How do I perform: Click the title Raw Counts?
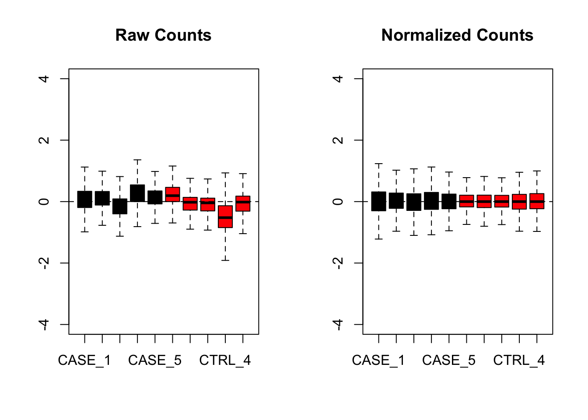coord(163,35)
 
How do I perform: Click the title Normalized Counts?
coord(457,35)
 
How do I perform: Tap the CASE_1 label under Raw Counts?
coord(84,360)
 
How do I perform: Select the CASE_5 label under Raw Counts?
coord(155,360)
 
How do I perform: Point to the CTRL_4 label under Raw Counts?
coord(225,360)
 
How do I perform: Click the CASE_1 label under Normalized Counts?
coord(378,360)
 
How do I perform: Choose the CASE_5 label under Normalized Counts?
coord(449,360)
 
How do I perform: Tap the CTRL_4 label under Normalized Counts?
coord(519,360)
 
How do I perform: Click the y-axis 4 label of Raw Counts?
coord(44,79)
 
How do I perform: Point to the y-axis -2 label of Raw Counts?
coord(44,263)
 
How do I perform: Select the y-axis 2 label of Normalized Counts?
coord(338,140)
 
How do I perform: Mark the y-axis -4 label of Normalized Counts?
coord(338,324)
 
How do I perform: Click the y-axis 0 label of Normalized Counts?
coord(338,201)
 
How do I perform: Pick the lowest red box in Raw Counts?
coord(225,217)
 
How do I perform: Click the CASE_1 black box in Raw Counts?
coord(84,199)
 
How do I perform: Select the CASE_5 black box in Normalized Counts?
coord(449,201)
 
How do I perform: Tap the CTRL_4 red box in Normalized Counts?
coord(519,201)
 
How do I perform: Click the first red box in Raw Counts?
coord(172,194)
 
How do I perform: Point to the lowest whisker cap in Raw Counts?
coord(225,260)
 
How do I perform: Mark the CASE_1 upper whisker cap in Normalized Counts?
coord(378,164)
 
